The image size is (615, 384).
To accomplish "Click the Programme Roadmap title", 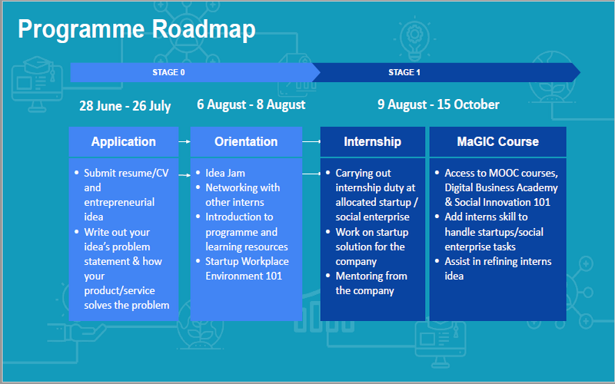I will click(x=137, y=30).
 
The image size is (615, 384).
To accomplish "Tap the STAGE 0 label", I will click(x=168, y=72).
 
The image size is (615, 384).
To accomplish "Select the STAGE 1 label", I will click(x=404, y=72).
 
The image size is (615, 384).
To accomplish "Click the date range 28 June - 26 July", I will click(x=125, y=106).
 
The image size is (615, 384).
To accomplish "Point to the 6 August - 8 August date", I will click(x=251, y=104).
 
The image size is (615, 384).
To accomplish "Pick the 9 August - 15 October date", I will click(x=438, y=104).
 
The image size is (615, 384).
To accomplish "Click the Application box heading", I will click(x=124, y=141).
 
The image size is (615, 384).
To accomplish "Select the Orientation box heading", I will click(x=246, y=141).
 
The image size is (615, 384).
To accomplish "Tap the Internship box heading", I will click(x=372, y=141).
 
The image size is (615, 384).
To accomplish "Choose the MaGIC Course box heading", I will click(x=497, y=141).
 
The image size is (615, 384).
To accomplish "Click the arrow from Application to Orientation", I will click(x=184, y=142).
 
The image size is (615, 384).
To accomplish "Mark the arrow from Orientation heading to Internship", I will click(x=311, y=142).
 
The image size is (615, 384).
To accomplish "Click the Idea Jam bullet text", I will click(x=225, y=173).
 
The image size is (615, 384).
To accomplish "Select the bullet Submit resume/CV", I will click(x=126, y=173).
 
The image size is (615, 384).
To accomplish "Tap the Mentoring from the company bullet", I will click(x=371, y=283).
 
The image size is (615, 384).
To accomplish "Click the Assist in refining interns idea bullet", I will click(x=497, y=268).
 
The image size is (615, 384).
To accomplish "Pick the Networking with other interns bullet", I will click(x=242, y=195).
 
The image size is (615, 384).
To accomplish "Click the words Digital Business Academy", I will click(x=501, y=187).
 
